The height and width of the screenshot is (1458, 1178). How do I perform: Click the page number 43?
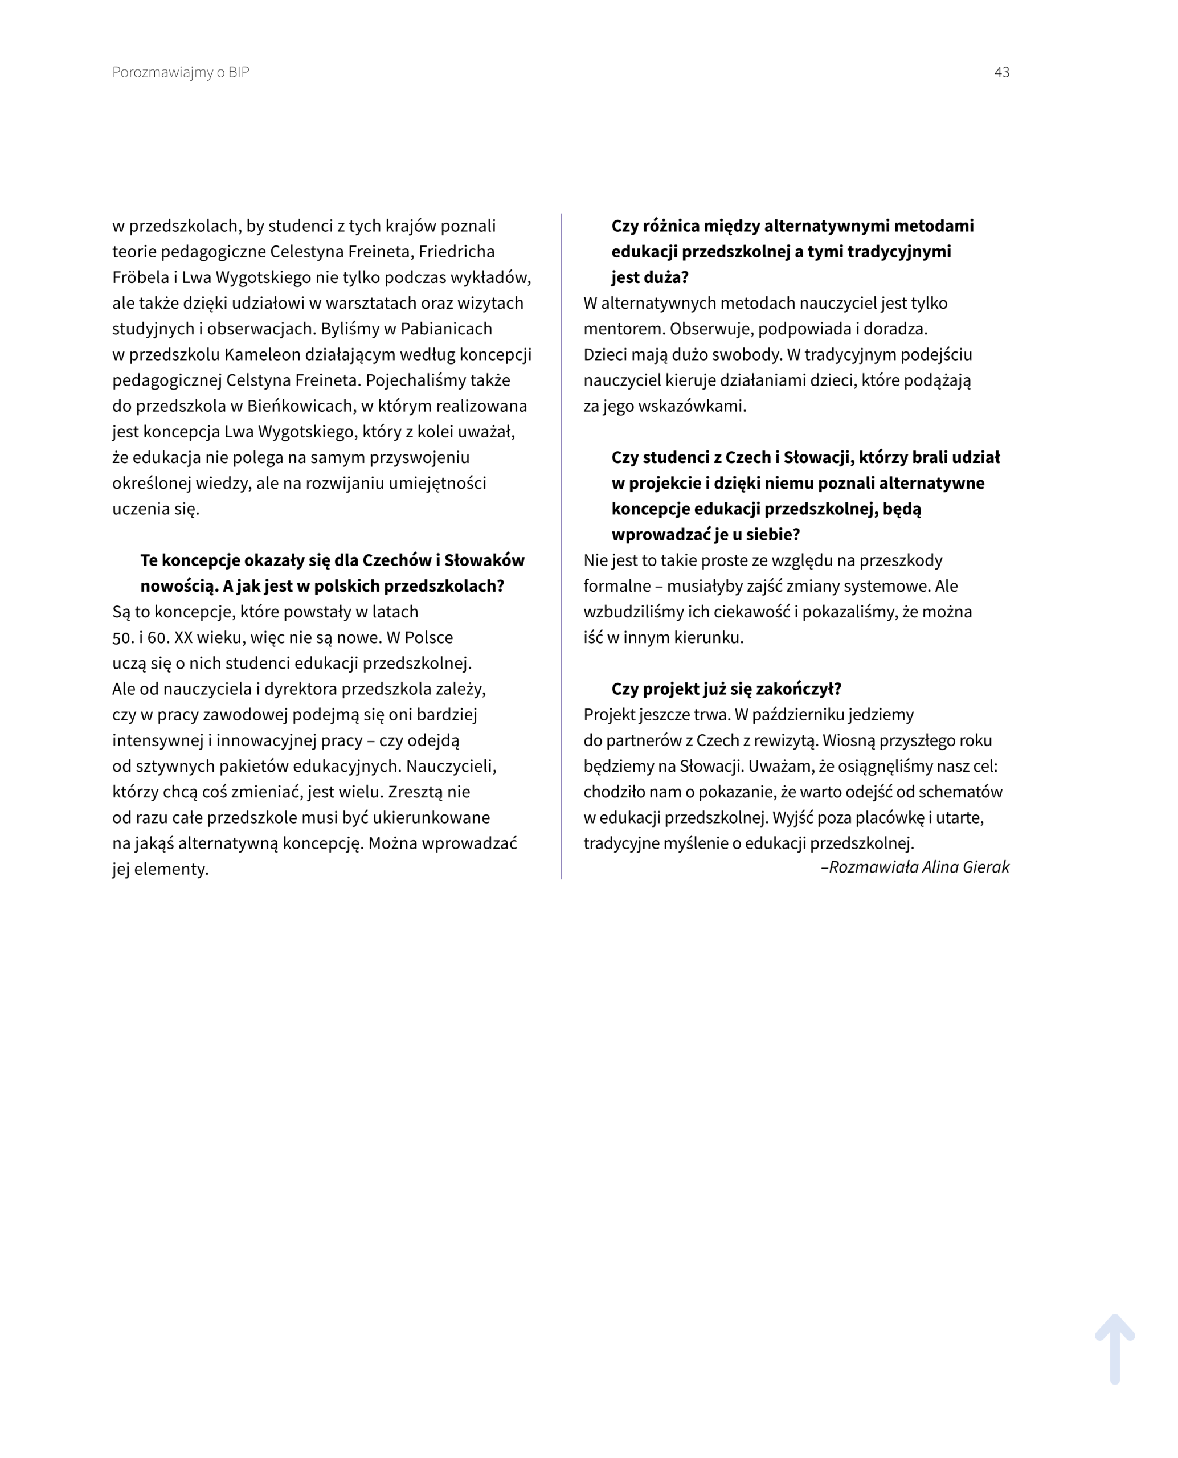1001,72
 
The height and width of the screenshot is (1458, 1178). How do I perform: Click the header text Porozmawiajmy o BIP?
181,72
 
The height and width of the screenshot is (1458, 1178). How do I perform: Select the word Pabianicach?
446,329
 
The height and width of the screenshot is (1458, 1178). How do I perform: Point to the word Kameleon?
263,355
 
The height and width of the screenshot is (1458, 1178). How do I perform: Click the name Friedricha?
456,252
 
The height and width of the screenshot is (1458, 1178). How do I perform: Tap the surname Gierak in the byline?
984,867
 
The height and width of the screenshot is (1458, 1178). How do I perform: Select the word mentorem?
624,329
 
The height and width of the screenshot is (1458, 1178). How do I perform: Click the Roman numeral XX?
183,638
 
